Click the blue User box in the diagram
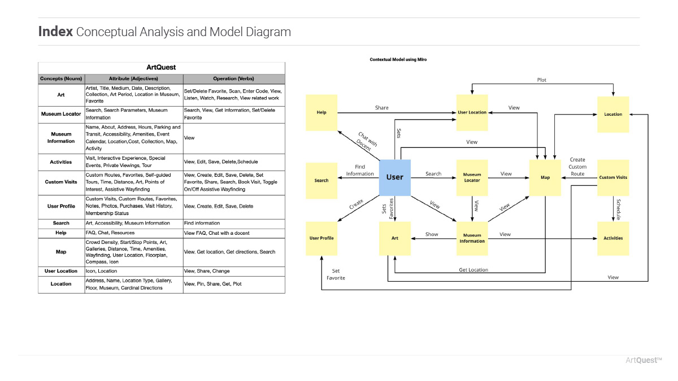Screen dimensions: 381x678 [x=394, y=177]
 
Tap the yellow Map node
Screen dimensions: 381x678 [x=545, y=177]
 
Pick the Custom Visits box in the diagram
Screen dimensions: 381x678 [x=613, y=177]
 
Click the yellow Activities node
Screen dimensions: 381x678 [x=613, y=238]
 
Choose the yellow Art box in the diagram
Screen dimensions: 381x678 [x=394, y=238]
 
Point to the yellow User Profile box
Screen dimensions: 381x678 [x=321, y=238]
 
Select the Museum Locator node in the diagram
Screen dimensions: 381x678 [x=472, y=177]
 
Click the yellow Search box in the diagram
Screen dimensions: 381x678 [x=321, y=180]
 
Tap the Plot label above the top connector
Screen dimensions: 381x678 [x=542, y=80]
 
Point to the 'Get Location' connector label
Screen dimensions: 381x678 [x=473, y=270]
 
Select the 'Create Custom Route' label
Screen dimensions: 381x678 [x=577, y=167]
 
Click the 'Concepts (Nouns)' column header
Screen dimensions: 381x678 [x=61, y=78]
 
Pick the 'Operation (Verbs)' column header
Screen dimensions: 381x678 [x=233, y=78]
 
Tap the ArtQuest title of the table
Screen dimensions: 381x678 [x=161, y=67]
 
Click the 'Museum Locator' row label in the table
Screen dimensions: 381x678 [x=61, y=113]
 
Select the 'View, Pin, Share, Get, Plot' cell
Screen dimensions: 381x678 [x=213, y=284]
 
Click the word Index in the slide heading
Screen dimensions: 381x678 [x=55, y=32]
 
